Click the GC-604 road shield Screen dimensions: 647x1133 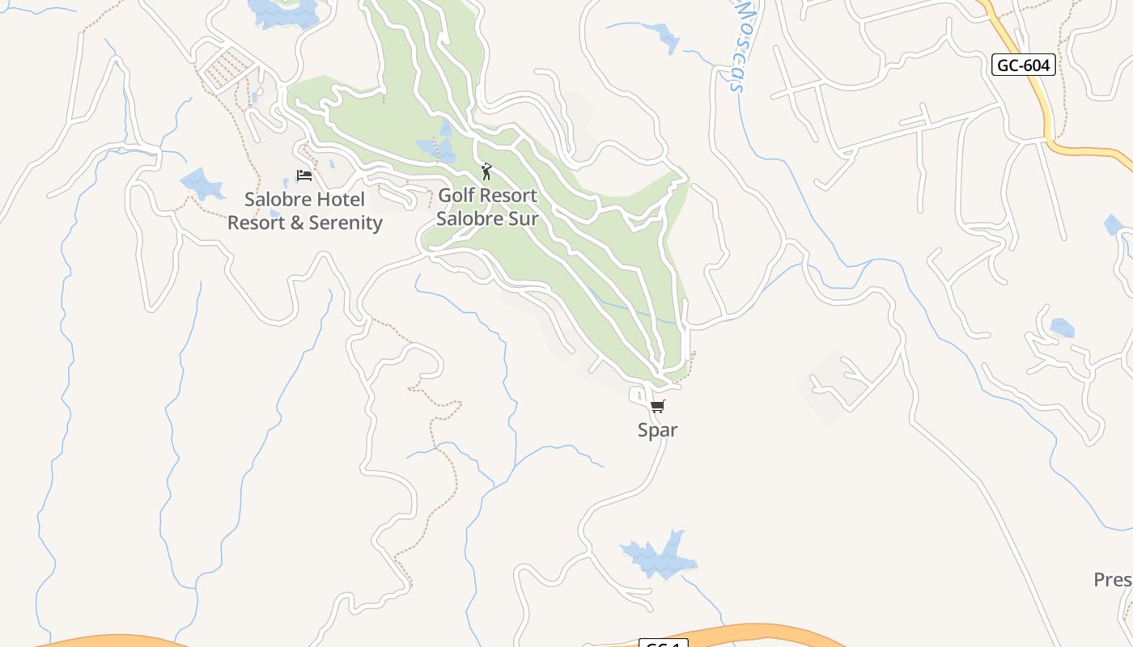1024,66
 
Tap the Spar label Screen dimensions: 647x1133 657,430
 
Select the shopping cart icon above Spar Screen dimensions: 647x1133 657,406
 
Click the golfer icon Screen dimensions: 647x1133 486,171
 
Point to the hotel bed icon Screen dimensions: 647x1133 304,175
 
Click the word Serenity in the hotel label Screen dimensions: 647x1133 342,223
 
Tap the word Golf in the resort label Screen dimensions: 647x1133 456,196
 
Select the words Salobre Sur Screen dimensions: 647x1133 487,218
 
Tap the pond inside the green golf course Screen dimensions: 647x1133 435,149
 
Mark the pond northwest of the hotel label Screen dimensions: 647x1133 202,184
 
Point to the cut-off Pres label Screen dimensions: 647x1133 1113,580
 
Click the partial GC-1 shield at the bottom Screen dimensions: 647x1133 663,643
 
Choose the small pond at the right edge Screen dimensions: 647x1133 1114,225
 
